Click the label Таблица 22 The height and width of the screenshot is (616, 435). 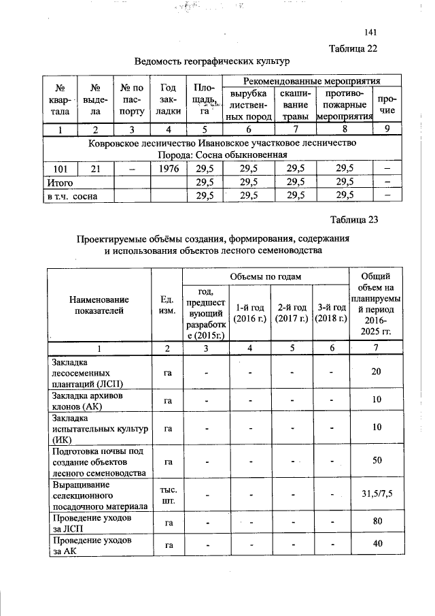point(353,48)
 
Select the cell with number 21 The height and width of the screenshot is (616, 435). point(96,169)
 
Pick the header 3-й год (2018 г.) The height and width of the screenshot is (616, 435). point(331,313)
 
